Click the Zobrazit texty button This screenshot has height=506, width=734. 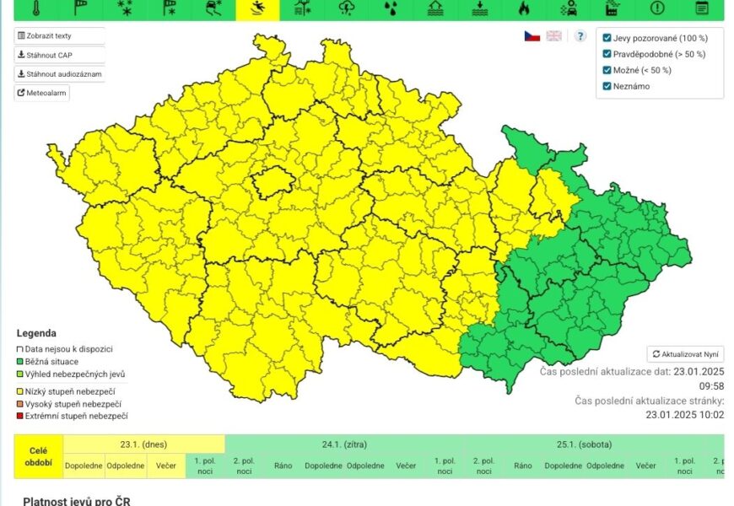click(59, 36)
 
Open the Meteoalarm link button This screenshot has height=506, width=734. click(42, 93)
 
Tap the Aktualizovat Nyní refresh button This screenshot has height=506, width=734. click(685, 354)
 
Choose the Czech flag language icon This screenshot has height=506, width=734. click(532, 36)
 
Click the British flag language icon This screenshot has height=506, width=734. click(554, 36)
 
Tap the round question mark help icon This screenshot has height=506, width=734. click(580, 36)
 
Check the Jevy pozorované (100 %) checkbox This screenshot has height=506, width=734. click(607, 38)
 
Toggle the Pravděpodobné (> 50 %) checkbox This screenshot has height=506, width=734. click(607, 54)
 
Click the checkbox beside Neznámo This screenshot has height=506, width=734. click(607, 86)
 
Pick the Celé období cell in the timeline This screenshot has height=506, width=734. click(38, 456)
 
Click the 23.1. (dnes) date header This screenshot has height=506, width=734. click(143, 444)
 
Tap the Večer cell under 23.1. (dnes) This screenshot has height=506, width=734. click(165, 466)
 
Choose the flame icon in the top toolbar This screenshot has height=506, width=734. click(523, 8)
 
